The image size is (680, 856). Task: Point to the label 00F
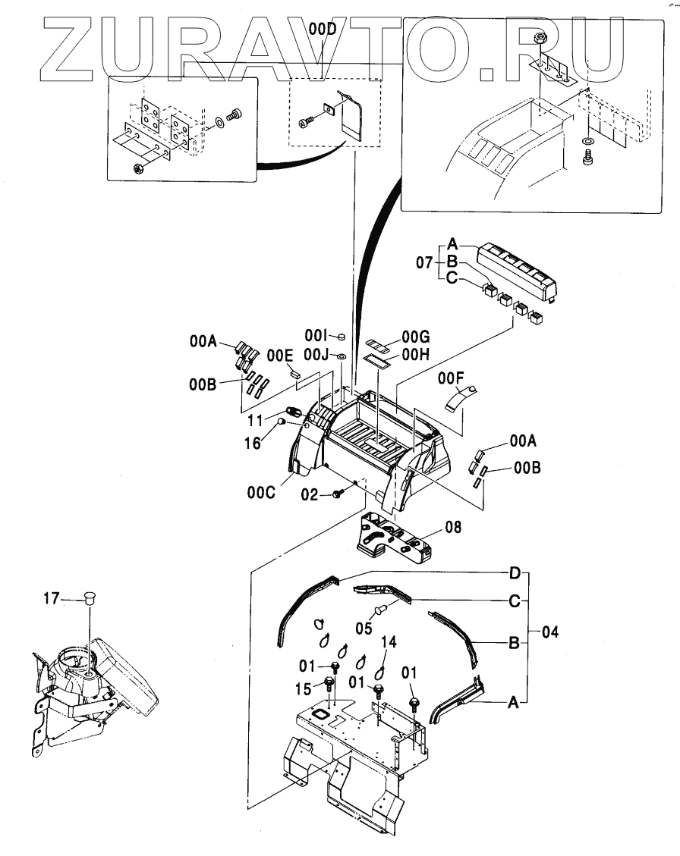coord(451,375)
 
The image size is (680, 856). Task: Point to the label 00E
coord(279,353)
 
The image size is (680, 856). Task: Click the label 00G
coord(416,334)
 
